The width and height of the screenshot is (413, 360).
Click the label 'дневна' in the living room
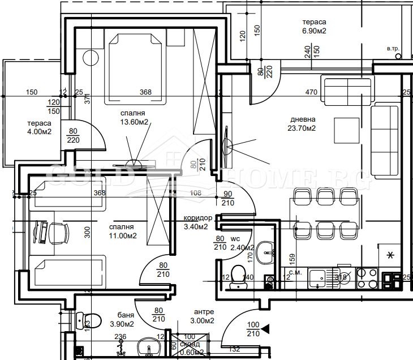tap(303, 119)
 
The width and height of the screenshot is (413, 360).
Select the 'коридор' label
tap(198, 218)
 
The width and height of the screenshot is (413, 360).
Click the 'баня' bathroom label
tap(125, 315)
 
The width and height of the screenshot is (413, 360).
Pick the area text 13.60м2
tap(134, 121)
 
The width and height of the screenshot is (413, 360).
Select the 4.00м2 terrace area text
tap(39, 132)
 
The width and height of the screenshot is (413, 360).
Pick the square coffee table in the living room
tap(347, 131)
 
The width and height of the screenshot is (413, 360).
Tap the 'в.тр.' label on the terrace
tap(393, 49)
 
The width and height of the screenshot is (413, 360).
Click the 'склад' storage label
tap(189, 345)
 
